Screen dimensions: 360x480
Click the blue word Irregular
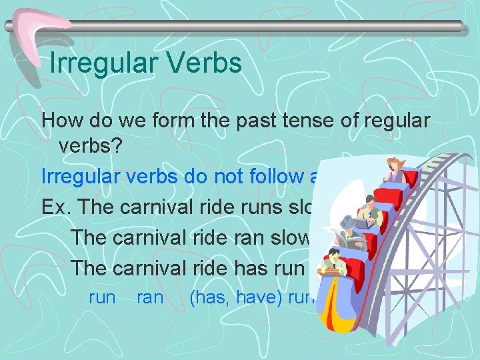(x=79, y=177)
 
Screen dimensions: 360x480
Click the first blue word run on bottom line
(x=102, y=297)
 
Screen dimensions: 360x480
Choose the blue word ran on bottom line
(x=149, y=297)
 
